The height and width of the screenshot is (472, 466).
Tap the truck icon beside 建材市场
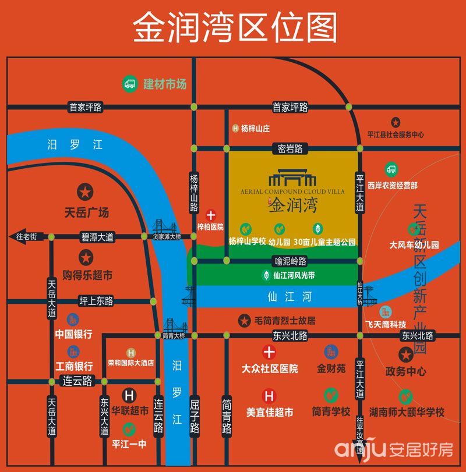(x=130, y=84)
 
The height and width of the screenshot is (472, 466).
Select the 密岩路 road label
(x=290, y=149)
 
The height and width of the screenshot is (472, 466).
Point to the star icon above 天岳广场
(x=85, y=191)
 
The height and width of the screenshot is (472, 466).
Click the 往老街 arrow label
(x=26, y=237)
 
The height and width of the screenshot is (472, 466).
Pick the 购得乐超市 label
(x=87, y=275)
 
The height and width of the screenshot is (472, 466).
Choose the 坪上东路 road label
(x=97, y=301)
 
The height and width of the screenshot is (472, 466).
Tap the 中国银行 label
(x=73, y=335)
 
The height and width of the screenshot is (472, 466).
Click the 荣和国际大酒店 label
(x=131, y=363)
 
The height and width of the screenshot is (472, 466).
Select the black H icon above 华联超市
(x=130, y=395)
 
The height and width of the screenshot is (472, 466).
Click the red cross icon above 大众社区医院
(x=269, y=352)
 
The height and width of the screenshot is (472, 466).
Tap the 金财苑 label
(x=331, y=368)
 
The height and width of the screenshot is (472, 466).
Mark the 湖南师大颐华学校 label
(x=406, y=412)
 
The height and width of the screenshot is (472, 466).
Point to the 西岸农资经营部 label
(x=393, y=185)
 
